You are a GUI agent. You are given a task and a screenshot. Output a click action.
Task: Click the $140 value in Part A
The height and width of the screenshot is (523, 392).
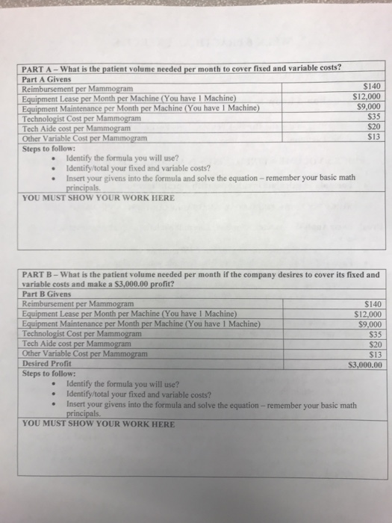click(371, 87)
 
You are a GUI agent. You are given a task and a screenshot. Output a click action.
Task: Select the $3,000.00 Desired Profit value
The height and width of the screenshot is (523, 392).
click(366, 365)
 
